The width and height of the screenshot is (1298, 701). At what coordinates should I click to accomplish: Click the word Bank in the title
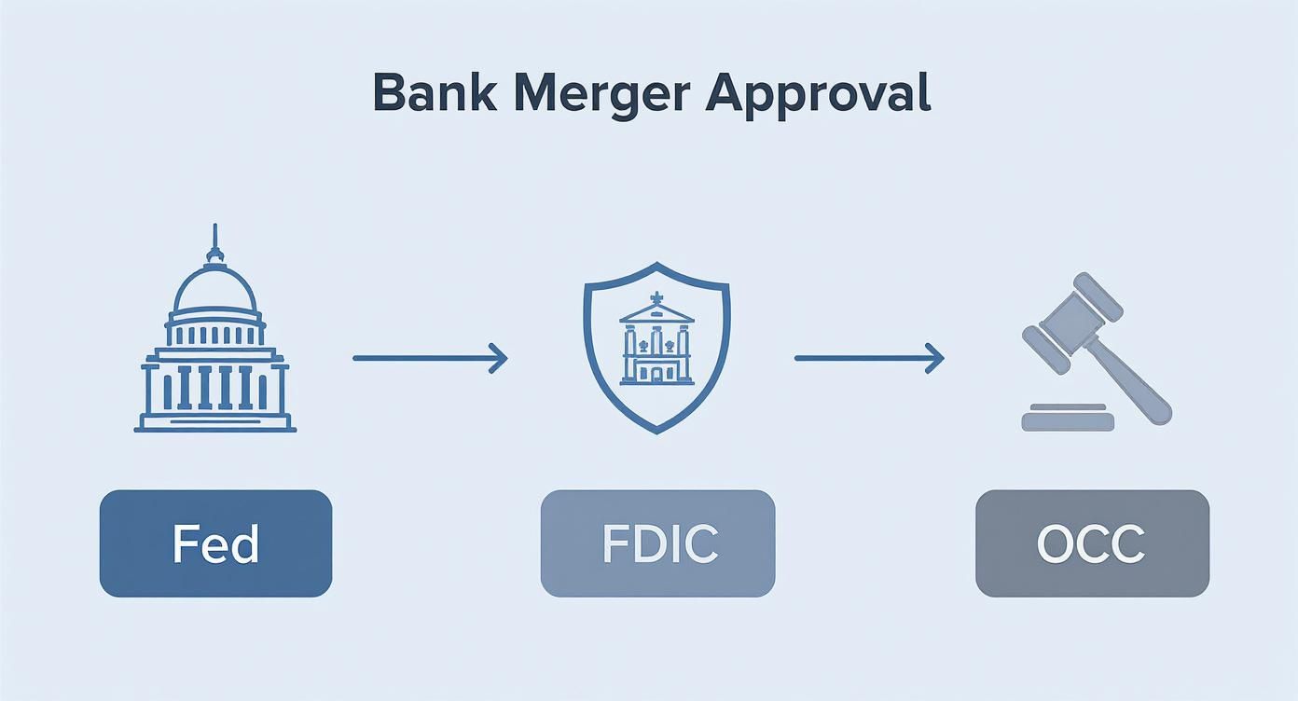click(x=430, y=92)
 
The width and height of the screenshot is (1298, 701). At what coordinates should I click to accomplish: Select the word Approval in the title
click(x=818, y=94)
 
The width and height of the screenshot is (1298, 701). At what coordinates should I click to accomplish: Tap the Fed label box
click(x=215, y=543)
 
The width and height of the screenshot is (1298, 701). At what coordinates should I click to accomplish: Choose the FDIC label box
click(x=657, y=543)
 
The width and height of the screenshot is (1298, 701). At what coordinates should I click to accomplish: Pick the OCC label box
click(x=1092, y=543)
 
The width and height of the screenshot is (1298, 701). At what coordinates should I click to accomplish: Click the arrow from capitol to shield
click(x=429, y=358)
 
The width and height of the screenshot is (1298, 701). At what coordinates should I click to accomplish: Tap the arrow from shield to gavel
click(x=868, y=358)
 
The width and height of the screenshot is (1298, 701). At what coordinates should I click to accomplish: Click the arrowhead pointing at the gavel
click(x=935, y=358)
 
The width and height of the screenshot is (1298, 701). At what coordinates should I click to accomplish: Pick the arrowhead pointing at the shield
click(x=499, y=358)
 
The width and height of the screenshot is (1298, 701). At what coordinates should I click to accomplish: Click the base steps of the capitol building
click(x=215, y=423)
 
